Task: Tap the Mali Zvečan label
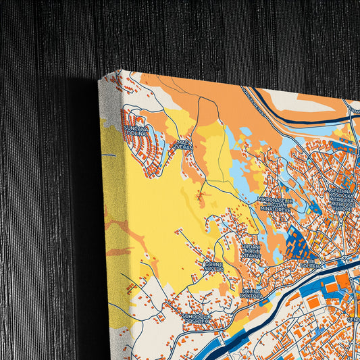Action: pos(184,145)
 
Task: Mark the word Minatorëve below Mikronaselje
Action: pos(275,209)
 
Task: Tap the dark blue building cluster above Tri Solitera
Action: pos(297,242)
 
